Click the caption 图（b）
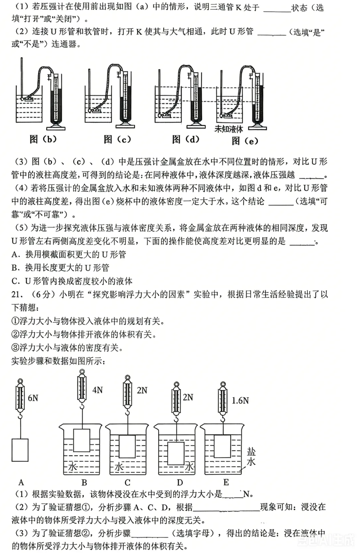point(43,139)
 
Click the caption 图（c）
point(117,140)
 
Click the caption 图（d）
point(186,139)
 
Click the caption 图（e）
point(245,141)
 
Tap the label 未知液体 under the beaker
point(229,129)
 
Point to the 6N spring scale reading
point(33,398)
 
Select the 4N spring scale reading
point(97,390)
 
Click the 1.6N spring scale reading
point(240,400)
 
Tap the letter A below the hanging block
point(21,482)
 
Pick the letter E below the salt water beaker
point(226,482)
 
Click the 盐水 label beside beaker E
point(251,456)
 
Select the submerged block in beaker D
point(176,453)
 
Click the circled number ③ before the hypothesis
point(15,348)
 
